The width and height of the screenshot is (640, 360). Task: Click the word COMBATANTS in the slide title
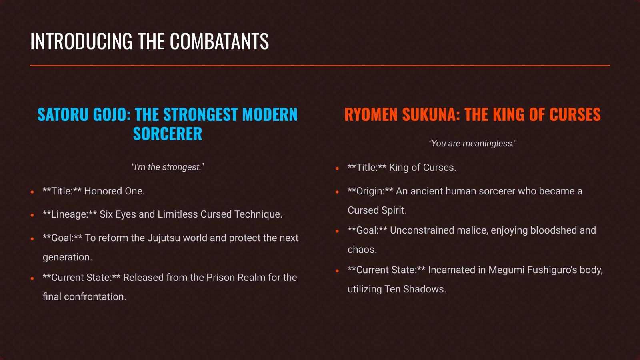point(219,42)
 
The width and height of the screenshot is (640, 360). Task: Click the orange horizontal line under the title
point(320,65)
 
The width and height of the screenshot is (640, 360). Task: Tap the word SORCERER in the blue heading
point(168,134)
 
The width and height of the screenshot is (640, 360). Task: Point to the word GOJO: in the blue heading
point(112,115)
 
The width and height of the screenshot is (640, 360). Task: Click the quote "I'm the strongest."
point(168,167)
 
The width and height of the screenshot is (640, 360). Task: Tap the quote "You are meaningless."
point(472,144)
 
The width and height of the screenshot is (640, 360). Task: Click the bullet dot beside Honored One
point(32,192)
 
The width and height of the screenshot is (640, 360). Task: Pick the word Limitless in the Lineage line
point(178,214)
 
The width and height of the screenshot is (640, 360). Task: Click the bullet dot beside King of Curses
point(337,168)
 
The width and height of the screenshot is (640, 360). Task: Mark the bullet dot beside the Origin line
point(337,192)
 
